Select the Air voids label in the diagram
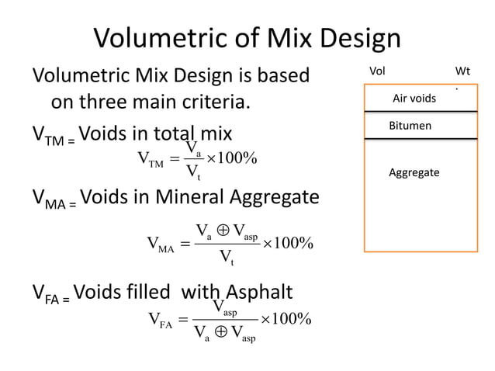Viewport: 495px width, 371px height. tap(414, 99)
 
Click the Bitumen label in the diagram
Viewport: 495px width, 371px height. tap(410, 125)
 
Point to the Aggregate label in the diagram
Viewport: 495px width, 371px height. tap(414, 172)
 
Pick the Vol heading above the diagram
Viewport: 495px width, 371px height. tap(377, 71)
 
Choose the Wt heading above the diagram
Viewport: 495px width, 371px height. tap(462, 71)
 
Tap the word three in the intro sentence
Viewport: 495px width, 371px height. tap(118, 102)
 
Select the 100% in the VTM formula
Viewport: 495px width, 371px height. tap(237, 159)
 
